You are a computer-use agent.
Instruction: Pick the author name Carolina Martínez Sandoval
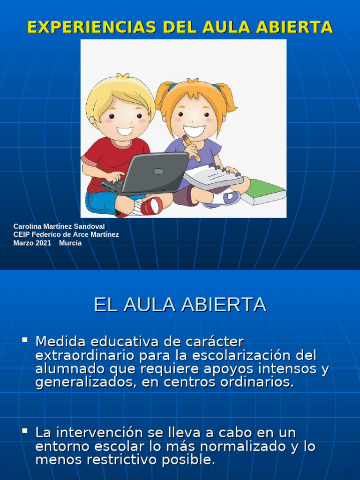point(59,226)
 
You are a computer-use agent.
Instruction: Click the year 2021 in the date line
point(43,243)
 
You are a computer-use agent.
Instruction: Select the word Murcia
point(70,243)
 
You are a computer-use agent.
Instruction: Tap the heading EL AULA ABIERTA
point(180,305)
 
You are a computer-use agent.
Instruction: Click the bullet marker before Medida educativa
point(24,338)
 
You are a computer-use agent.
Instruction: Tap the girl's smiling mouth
point(194,130)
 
